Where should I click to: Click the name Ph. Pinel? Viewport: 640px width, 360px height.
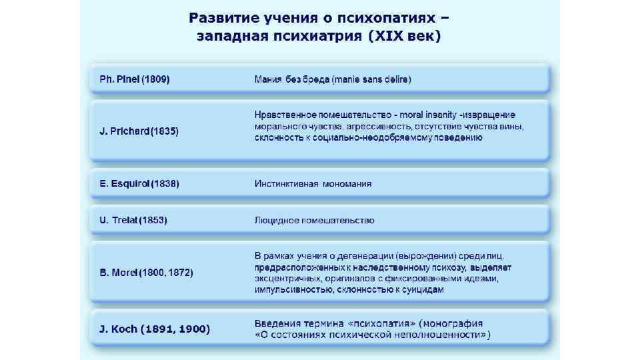115,79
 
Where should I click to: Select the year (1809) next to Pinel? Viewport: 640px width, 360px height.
155,79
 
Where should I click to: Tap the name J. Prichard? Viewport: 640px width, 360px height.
121,131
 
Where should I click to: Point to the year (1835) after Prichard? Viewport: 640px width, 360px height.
165,131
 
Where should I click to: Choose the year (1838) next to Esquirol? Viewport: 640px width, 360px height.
165,183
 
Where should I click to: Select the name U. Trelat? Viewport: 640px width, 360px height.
115,220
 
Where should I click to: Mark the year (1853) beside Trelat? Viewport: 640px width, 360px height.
153,220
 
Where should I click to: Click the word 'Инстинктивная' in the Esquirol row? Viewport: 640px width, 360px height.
285,183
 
